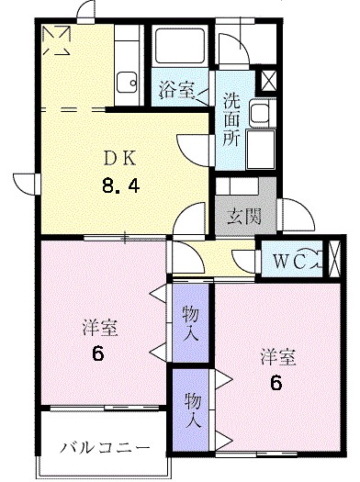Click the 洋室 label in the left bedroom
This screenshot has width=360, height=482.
(99, 327)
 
